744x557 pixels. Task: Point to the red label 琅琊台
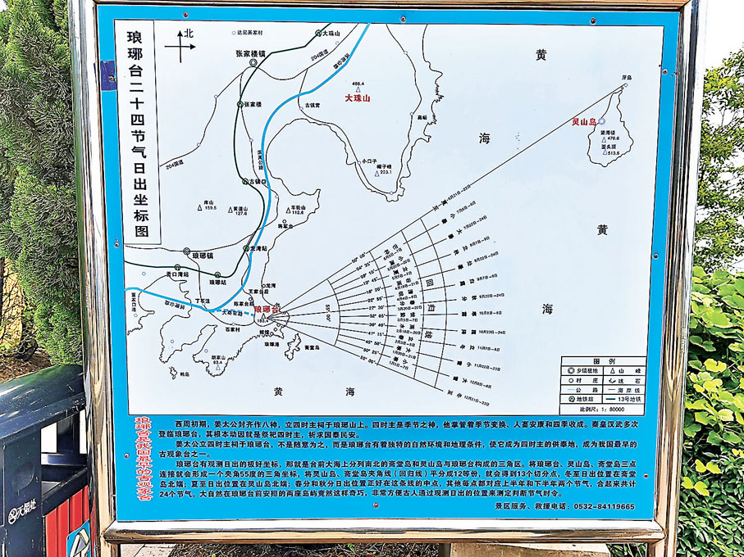click(x=267, y=310)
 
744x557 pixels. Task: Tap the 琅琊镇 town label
click(x=201, y=256)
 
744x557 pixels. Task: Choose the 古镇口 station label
click(x=258, y=182)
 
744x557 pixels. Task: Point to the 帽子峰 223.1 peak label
click(x=386, y=168)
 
